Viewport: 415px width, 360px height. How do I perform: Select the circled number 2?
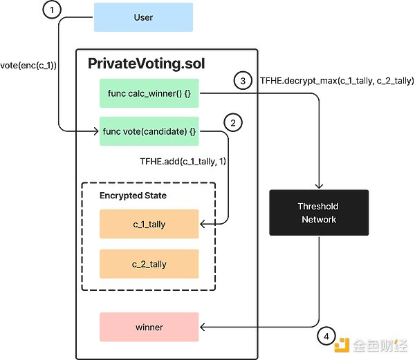coord(233,123)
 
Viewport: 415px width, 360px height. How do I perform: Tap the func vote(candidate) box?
coord(149,131)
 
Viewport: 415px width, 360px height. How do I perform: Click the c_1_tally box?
coord(149,224)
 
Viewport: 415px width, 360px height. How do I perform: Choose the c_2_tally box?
coord(149,264)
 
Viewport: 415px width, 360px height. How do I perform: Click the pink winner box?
coord(149,327)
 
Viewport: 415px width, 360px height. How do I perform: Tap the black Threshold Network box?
coord(317,213)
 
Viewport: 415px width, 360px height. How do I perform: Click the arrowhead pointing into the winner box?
coord(203,327)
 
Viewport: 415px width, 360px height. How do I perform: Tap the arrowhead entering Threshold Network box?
coord(318,187)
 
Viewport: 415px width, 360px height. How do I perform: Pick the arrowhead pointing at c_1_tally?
coord(203,224)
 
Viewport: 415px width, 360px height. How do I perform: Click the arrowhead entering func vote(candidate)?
coord(97,131)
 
